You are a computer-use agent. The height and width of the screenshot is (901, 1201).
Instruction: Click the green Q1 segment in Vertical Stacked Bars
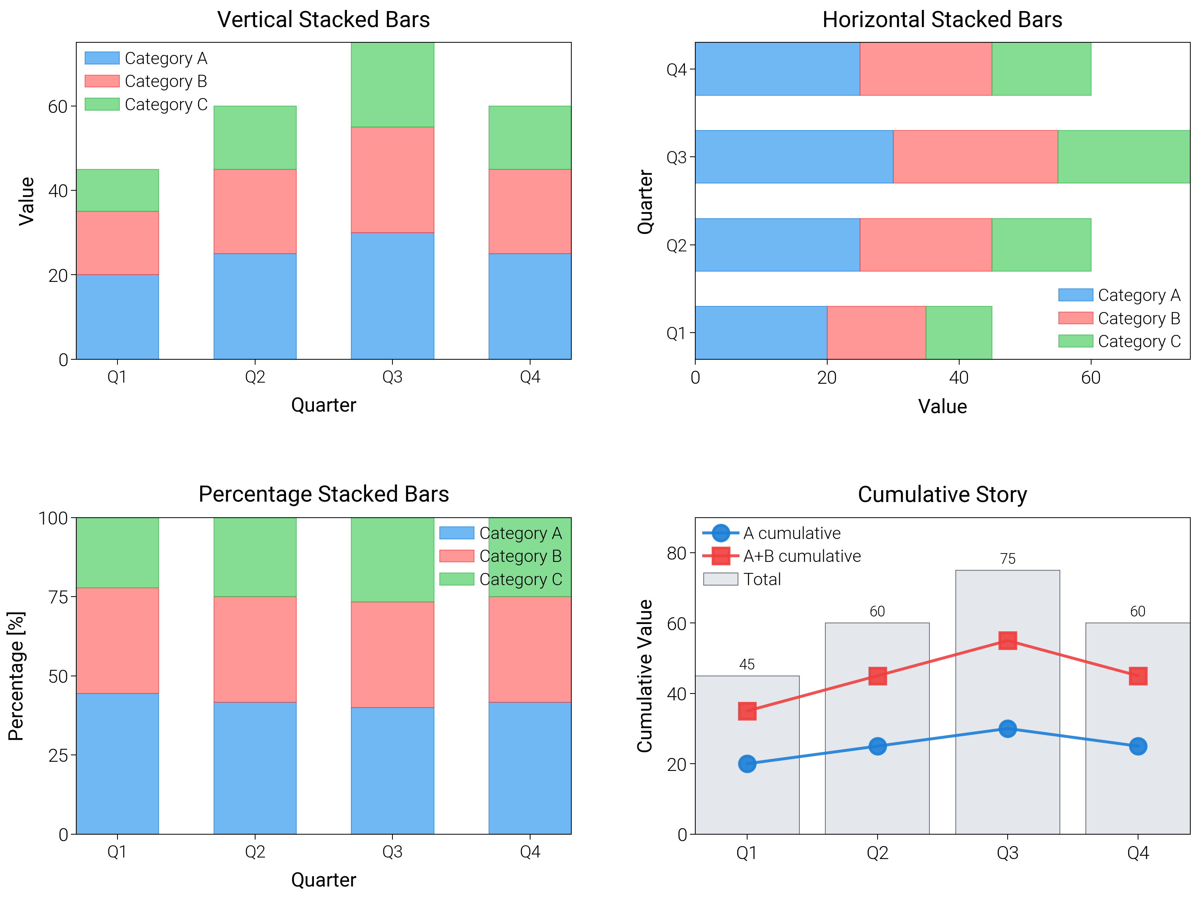click(x=117, y=190)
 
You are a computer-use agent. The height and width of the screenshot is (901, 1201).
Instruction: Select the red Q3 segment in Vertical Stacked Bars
click(x=392, y=180)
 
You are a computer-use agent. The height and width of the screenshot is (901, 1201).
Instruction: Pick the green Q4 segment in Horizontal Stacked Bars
click(x=1041, y=69)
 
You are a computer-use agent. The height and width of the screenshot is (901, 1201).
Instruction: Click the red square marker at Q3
click(x=1007, y=641)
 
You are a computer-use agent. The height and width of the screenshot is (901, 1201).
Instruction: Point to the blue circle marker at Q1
click(x=747, y=764)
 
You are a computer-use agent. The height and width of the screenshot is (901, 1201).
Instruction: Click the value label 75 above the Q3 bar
click(x=1007, y=559)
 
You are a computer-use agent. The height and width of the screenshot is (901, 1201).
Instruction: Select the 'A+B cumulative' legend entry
click(x=801, y=556)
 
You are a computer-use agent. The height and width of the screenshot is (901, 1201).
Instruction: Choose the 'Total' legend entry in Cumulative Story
click(x=762, y=579)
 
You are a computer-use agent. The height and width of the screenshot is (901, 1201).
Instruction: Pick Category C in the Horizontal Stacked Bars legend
click(x=1138, y=341)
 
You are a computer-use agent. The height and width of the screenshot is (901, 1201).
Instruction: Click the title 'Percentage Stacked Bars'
click(x=323, y=494)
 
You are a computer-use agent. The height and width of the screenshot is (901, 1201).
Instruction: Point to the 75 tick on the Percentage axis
click(x=59, y=597)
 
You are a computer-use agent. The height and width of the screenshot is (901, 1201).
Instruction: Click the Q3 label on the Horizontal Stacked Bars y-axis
click(x=677, y=157)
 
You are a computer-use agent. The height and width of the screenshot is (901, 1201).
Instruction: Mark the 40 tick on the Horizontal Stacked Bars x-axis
click(x=959, y=378)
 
